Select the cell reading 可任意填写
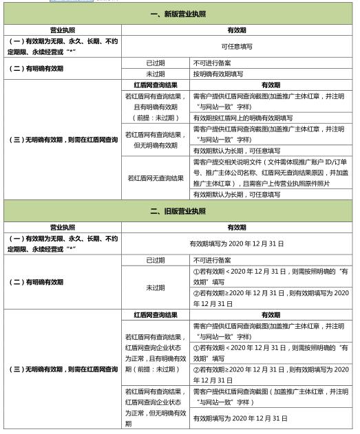pos(237,46)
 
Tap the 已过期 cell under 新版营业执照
pos(156,63)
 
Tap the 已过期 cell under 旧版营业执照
pos(156,260)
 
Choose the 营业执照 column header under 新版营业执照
pos(63,30)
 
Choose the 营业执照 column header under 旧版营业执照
pos(63,227)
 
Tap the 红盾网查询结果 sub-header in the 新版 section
pos(156,85)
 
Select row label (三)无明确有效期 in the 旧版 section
pos(63,369)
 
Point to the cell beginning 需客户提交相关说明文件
pos(269,173)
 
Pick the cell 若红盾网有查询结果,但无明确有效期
pos(156,140)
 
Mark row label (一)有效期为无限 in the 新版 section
pos(63,46)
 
